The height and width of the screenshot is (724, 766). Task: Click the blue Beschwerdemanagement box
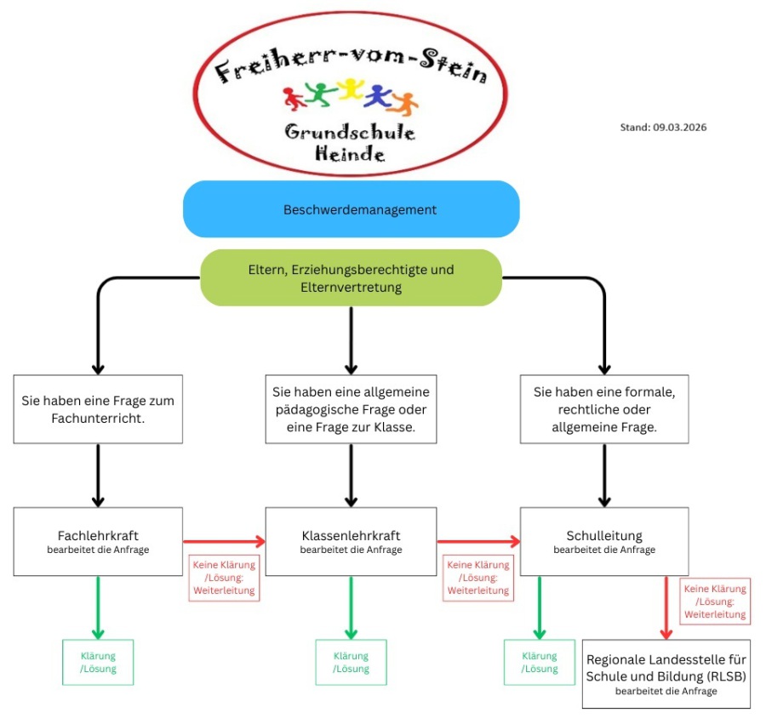[351, 208]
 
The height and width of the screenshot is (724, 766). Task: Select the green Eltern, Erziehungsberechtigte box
[351, 277]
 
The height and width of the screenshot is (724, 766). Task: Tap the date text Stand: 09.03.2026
[663, 128]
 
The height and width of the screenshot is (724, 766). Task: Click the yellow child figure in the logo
[350, 89]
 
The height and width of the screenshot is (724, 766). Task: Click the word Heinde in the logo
[350, 155]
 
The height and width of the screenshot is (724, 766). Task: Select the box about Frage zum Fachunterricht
[98, 408]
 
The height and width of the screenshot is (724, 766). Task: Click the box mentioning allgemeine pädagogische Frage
[351, 408]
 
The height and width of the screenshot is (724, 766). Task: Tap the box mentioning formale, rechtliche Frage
[604, 408]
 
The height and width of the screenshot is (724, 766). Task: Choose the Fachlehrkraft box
[98, 541]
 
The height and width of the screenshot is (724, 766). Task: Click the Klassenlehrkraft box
[351, 541]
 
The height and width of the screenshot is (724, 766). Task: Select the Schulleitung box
[604, 541]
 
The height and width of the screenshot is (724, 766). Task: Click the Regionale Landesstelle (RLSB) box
[666, 673]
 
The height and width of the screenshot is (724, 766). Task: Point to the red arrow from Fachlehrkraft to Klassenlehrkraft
[224, 540]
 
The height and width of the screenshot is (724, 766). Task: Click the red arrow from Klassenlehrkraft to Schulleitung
[477, 540]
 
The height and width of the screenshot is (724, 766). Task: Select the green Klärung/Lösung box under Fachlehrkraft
[98, 662]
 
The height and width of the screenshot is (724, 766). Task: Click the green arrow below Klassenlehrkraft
[351, 607]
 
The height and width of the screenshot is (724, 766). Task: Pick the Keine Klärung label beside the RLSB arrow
[715, 601]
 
